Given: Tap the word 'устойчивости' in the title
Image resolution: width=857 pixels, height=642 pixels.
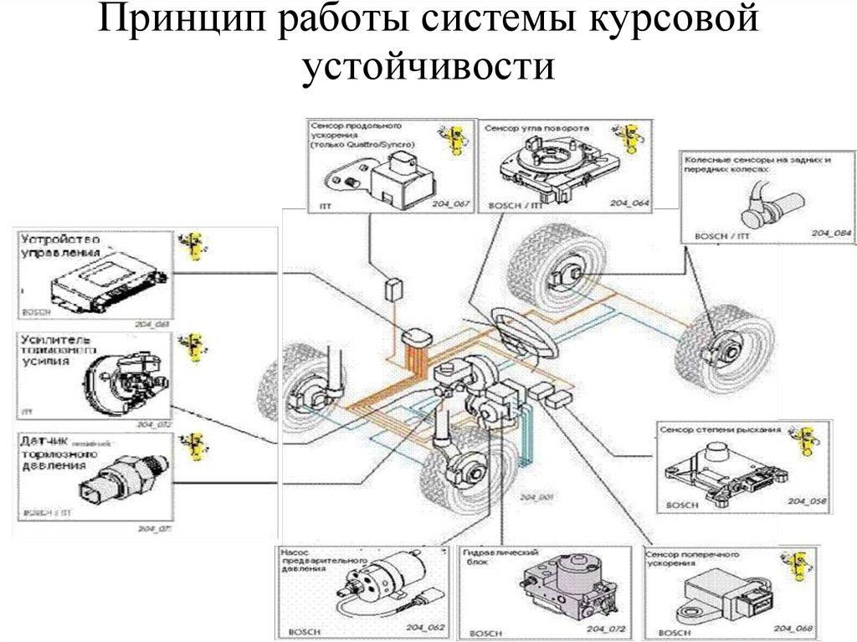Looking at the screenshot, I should (428, 67).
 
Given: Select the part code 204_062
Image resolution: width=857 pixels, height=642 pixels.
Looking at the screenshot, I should (416, 629).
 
